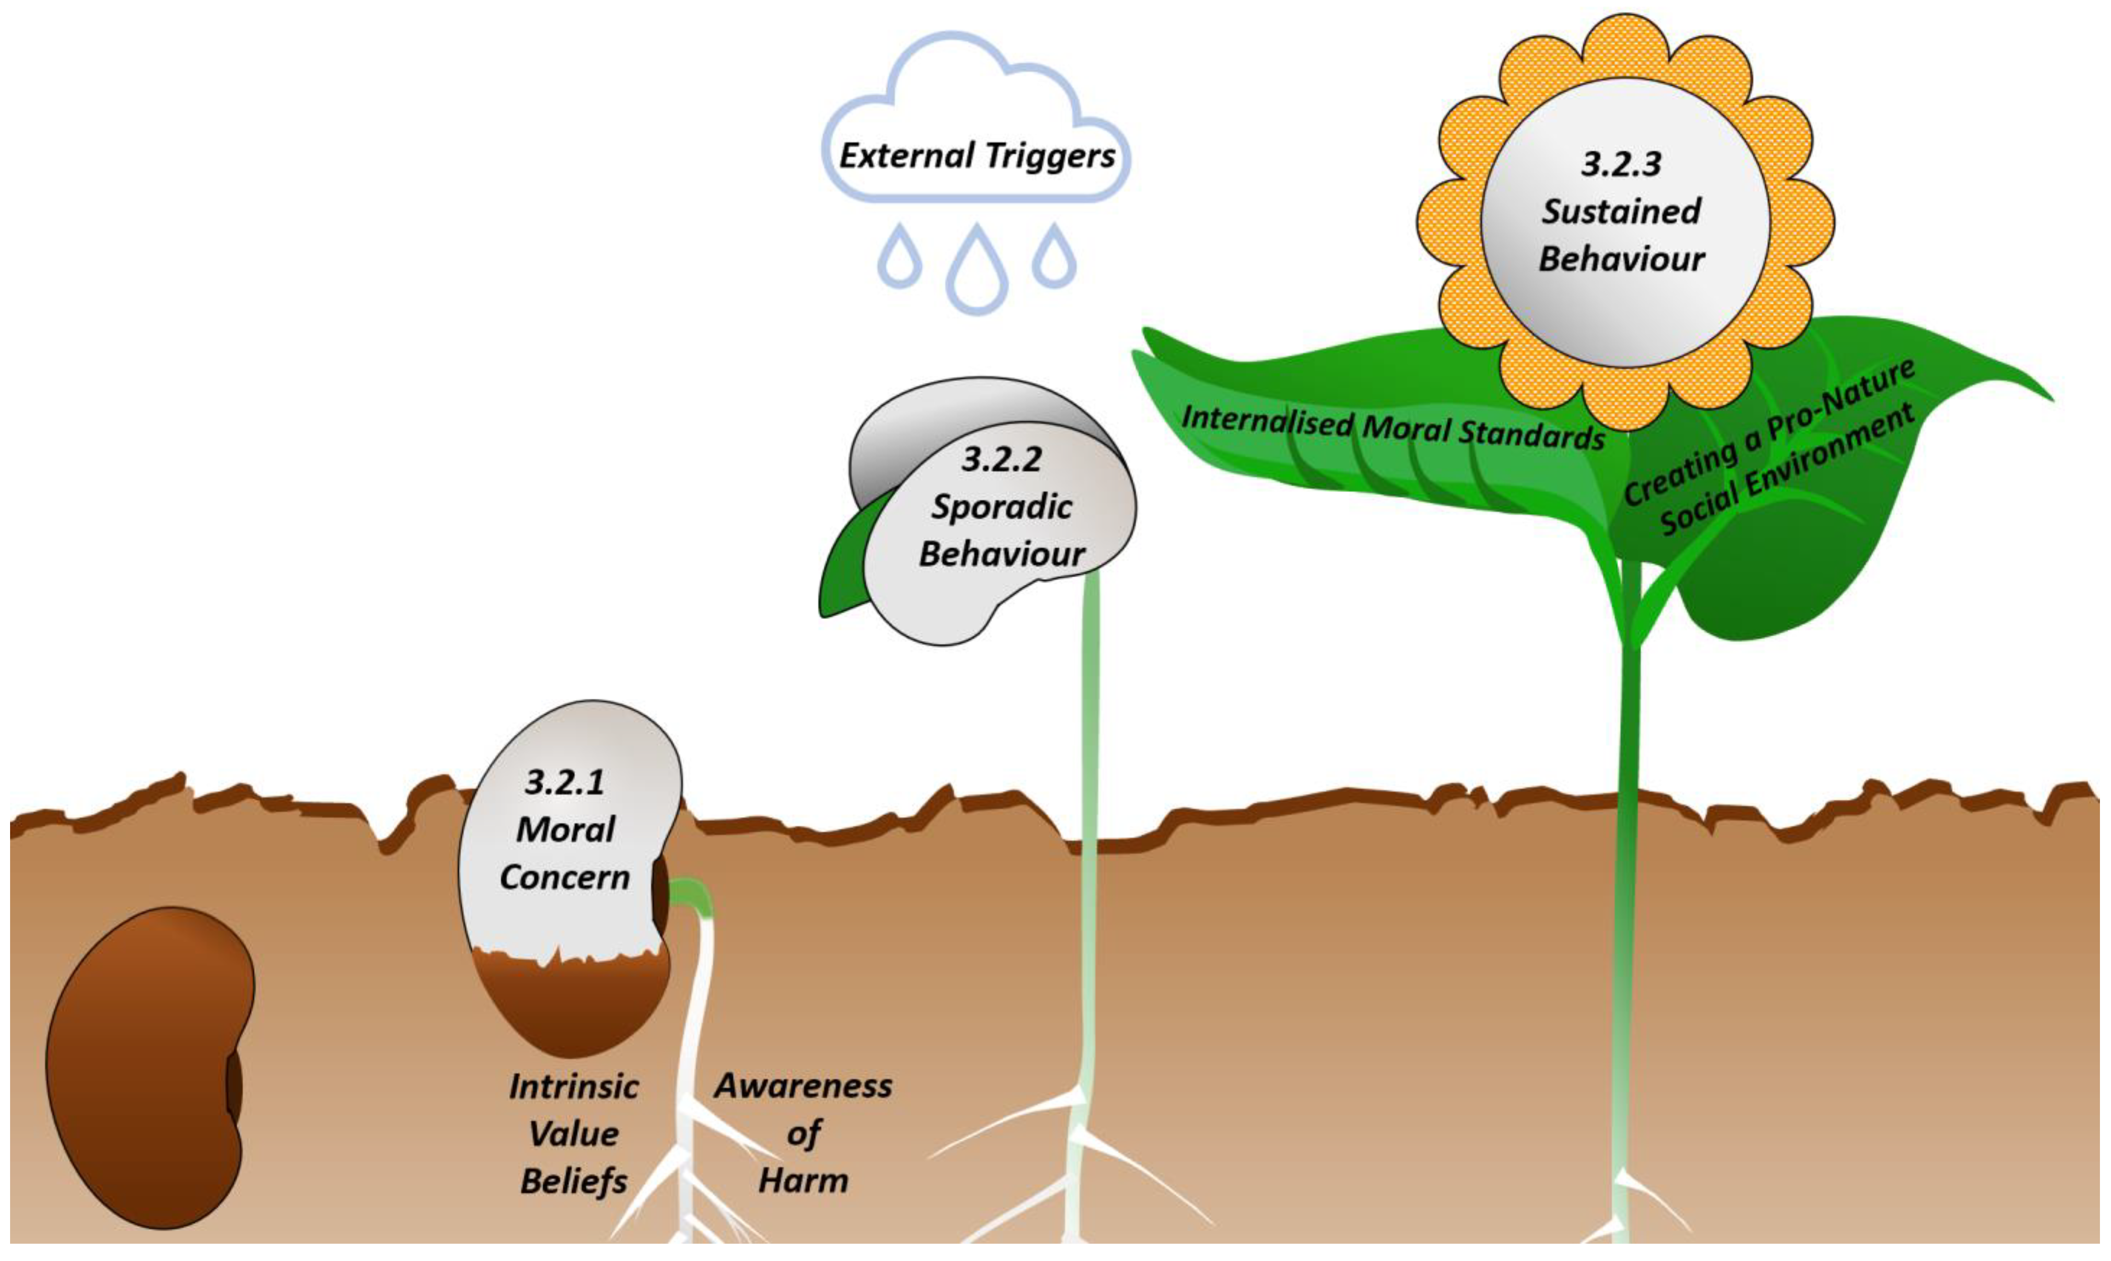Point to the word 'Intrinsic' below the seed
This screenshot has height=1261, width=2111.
(x=574, y=1087)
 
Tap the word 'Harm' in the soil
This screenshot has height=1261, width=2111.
(x=803, y=1180)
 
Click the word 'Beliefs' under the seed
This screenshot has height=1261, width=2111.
(x=574, y=1181)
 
